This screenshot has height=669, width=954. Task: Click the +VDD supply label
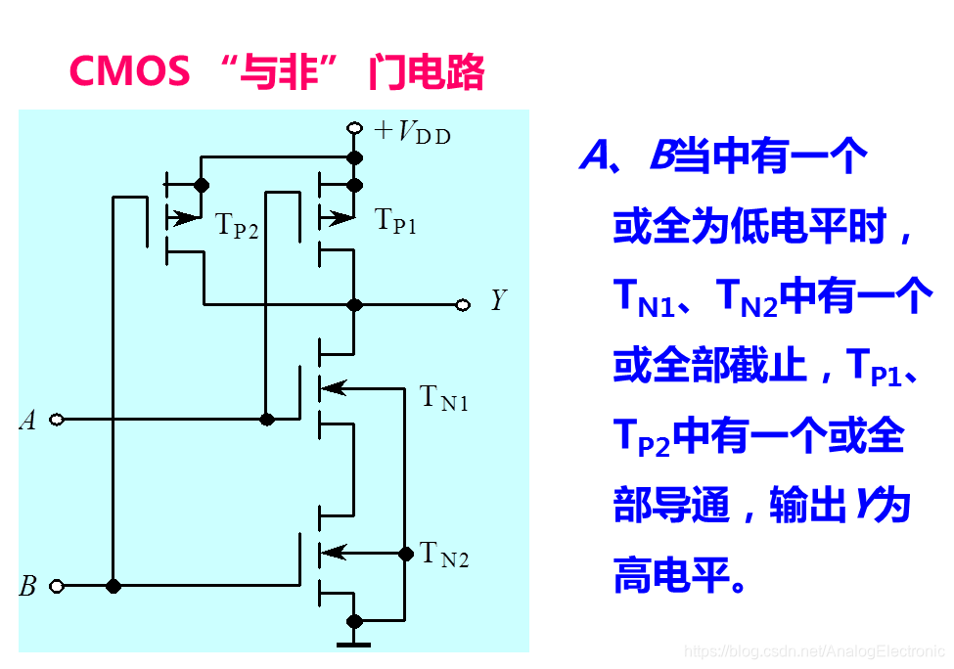(x=413, y=132)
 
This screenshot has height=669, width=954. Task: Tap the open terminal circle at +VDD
(x=354, y=129)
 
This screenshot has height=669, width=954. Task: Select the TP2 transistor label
(x=237, y=227)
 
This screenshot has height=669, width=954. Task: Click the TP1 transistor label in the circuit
(x=396, y=221)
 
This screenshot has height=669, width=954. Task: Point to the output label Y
(x=498, y=300)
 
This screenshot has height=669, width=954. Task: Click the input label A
(x=28, y=421)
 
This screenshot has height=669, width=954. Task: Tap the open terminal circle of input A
(x=57, y=420)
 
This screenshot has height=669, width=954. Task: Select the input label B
(x=28, y=587)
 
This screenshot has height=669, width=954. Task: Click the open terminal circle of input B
(x=57, y=586)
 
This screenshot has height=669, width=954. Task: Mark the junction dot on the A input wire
(x=266, y=420)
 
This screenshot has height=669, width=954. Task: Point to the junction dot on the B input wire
(x=114, y=586)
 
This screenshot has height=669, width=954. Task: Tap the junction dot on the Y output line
(x=354, y=305)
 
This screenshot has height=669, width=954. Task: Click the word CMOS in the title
(x=130, y=71)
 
